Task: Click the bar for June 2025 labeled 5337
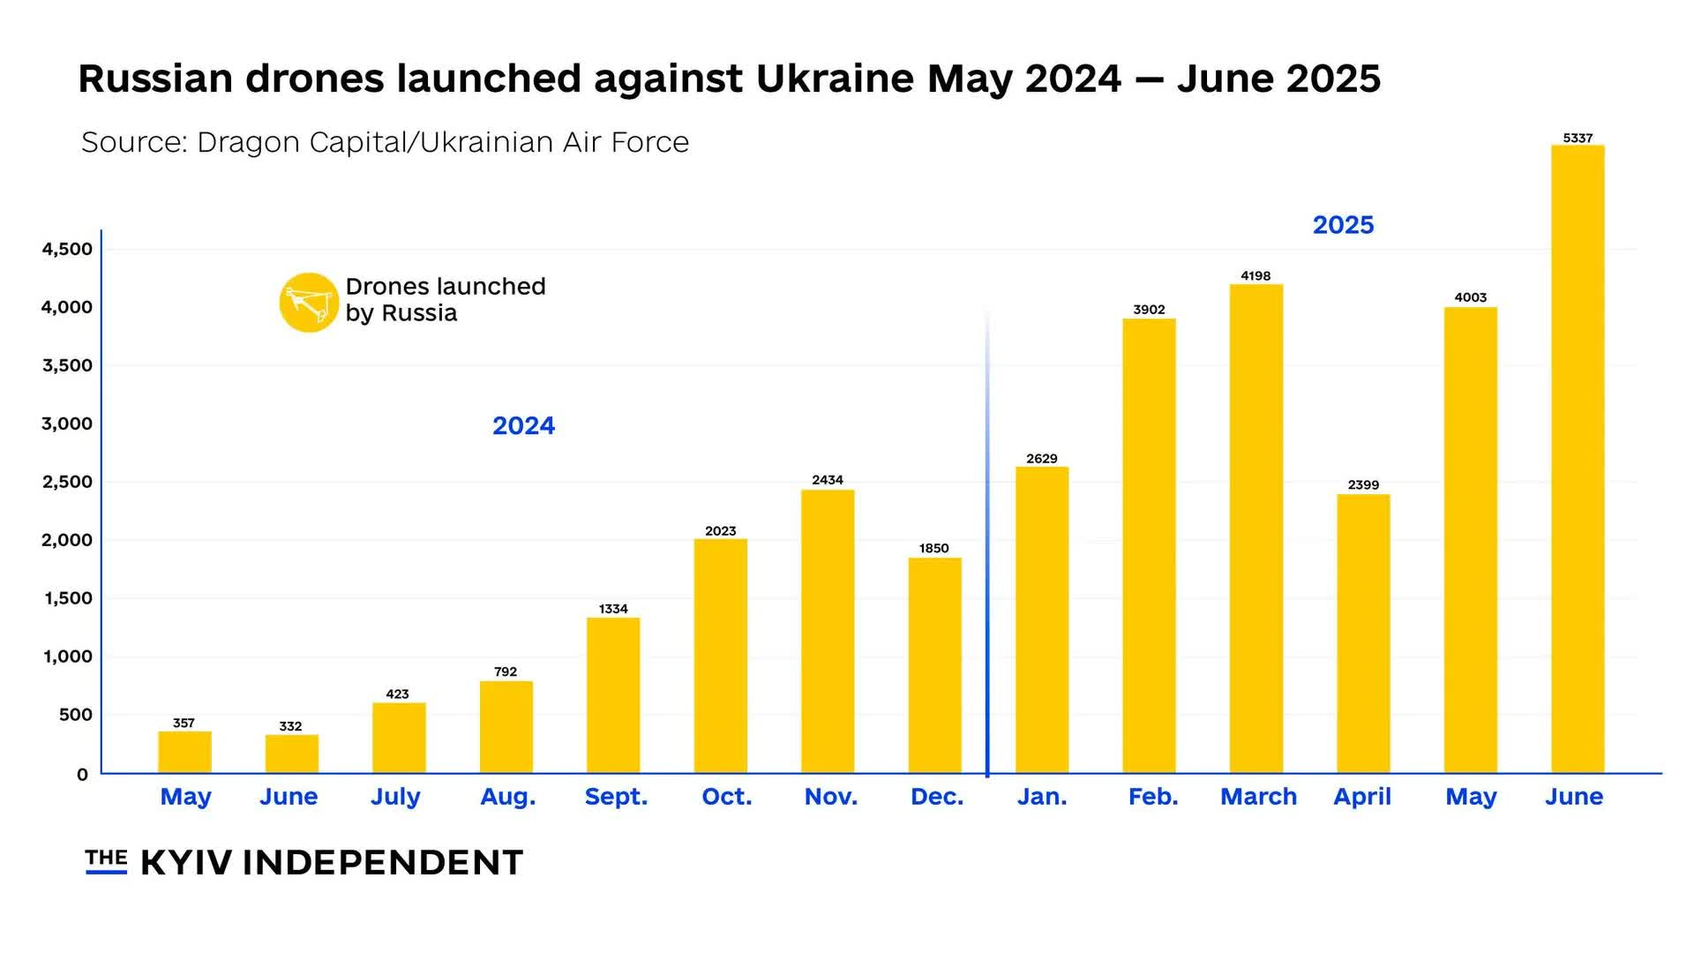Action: (x=1578, y=459)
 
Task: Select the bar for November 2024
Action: (x=828, y=631)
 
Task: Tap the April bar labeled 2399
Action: (x=1363, y=634)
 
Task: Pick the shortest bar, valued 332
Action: (x=291, y=754)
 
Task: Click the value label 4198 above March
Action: (x=1256, y=276)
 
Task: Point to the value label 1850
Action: (x=933, y=549)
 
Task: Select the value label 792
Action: (x=506, y=672)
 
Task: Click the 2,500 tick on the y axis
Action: (x=67, y=482)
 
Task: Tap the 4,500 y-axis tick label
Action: (x=67, y=249)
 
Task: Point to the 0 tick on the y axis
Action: (x=82, y=775)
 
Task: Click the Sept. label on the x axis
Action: (x=616, y=797)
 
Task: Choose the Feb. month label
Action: (x=1152, y=797)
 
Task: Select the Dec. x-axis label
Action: (x=936, y=797)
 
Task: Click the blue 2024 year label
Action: (x=523, y=425)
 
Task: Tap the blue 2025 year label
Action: (x=1343, y=225)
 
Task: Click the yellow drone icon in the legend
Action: (x=309, y=302)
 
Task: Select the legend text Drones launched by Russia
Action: (x=445, y=299)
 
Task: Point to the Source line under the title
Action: (x=385, y=142)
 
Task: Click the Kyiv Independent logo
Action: (x=304, y=862)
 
